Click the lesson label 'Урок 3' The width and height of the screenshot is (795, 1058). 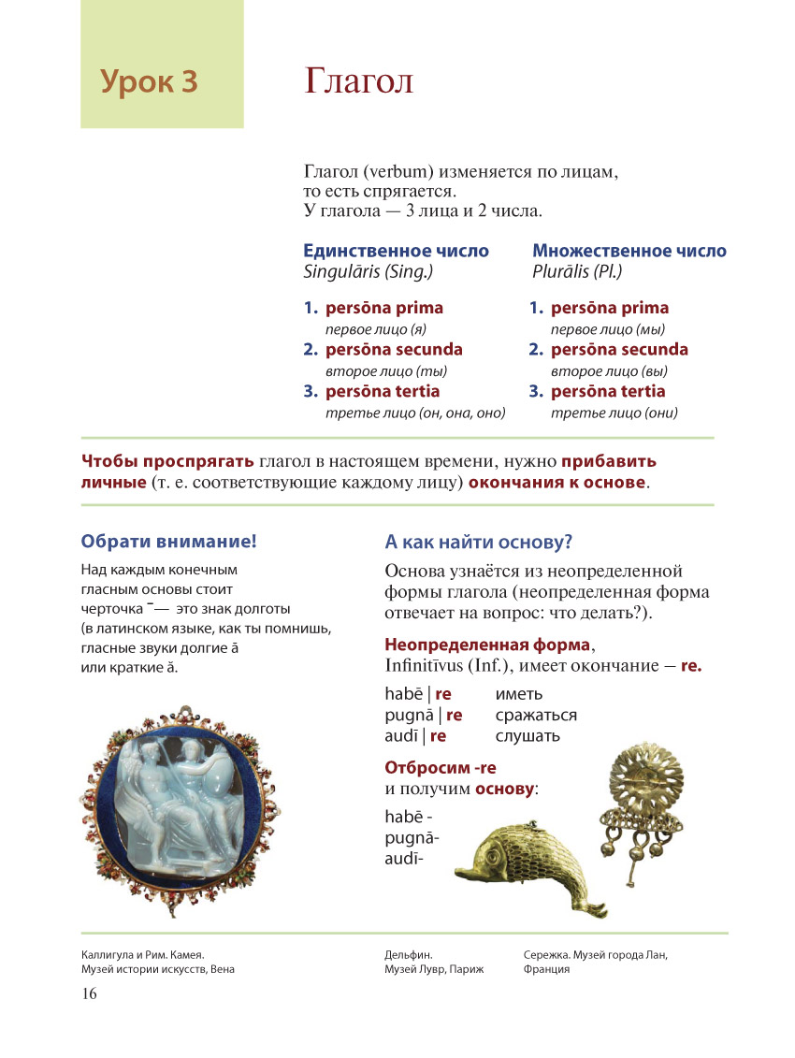coord(150,82)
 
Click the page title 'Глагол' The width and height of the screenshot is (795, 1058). coord(358,81)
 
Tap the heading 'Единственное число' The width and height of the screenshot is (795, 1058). coord(397,251)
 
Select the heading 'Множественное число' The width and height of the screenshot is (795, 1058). coord(629,251)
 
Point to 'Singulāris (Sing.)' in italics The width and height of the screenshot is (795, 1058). coord(369,272)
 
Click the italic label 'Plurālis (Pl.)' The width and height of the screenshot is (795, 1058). coord(577,272)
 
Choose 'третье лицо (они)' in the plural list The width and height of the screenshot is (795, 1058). coord(614,413)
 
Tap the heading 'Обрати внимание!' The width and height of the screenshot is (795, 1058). coord(168,540)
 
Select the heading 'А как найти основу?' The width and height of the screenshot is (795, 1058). coord(478,542)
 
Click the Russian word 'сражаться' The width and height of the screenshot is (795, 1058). coord(536,715)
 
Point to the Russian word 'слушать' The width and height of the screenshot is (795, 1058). coord(528,735)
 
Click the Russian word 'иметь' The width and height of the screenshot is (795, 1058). coord(519,694)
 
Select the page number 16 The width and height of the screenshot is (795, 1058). coord(89,993)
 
